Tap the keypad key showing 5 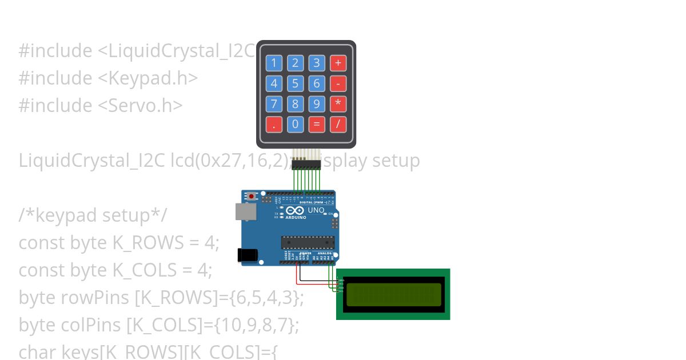coord(295,83)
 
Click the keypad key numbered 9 coord(316,104)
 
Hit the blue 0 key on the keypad coord(295,124)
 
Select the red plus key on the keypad coord(338,63)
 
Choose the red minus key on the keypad coord(338,83)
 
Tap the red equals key coord(316,124)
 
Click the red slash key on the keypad coord(338,124)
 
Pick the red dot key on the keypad coord(274,124)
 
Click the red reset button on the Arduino coord(252,197)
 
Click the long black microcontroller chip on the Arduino coord(307,242)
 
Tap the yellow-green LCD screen coord(394,294)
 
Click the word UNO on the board coord(316,210)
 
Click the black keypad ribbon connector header coord(306,164)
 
